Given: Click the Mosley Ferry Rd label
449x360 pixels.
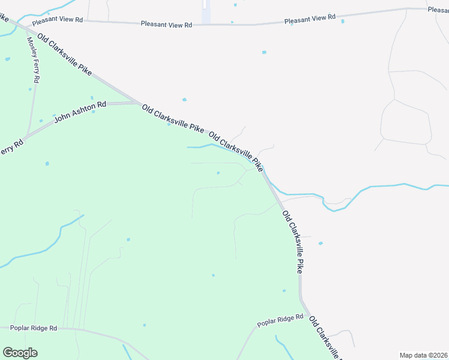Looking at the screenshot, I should point(33,60).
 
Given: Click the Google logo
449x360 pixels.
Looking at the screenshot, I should point(20,353).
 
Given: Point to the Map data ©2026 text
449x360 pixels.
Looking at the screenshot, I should point(423,355).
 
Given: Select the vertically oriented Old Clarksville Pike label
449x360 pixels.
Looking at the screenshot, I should point(292,242).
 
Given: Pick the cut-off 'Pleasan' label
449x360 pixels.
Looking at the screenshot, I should point(438,10).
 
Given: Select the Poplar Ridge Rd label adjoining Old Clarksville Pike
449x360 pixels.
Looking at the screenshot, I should point(280,320).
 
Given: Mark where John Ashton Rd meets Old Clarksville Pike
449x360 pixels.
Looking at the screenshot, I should point(139,103).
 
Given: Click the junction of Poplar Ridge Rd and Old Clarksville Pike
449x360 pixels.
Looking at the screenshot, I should point(309,315).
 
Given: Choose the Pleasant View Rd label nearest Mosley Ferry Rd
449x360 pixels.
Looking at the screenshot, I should point(58,20).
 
